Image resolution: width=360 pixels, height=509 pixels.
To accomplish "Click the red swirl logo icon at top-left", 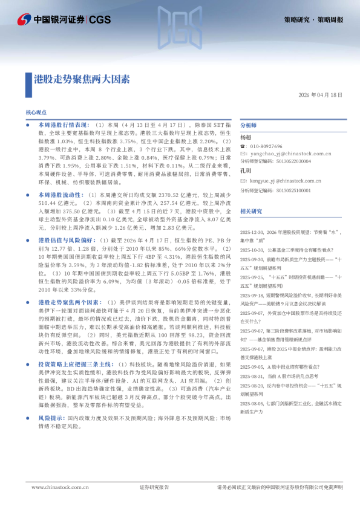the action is (x=24, y=20).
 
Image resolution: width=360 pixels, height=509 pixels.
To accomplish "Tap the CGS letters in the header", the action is (x=99, y=20).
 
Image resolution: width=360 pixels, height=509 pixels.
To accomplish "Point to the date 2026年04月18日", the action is (x=321, y=96).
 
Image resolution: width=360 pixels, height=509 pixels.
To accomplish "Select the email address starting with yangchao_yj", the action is (x=287, y=154).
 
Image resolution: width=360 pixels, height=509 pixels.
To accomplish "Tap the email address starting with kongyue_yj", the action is (x=286, y=181).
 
